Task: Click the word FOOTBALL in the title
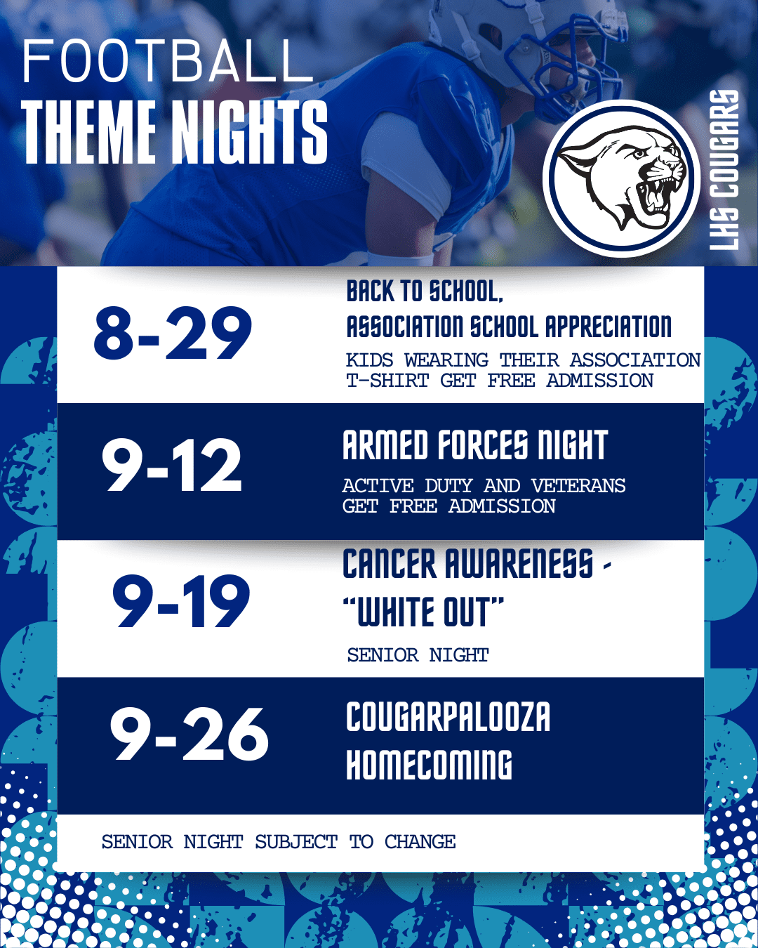pos(167,61)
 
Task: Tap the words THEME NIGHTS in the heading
pos(175,132)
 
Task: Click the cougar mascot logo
pos(621,178)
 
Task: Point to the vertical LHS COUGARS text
pos(724,170)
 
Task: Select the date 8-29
pos(172,332)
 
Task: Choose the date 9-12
pos(172,464)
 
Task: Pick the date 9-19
pos(181,601)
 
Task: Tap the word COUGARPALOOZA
pos(448,717)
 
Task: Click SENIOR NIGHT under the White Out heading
pos(418,655)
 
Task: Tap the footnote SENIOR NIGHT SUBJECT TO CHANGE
pos(279,842)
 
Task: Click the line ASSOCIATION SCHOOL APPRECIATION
pos(509,327)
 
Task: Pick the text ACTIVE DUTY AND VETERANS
pos(484,486)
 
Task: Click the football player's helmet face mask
pos(568,66)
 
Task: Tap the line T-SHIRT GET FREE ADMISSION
pos(500,381)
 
